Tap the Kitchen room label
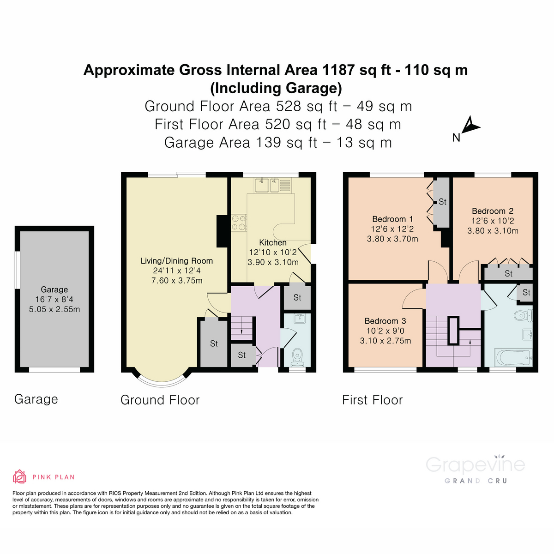tap(273, 242)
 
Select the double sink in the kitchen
tap(267, 185)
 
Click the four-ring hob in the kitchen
tap(239, 223)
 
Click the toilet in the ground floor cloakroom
tap(298, 356)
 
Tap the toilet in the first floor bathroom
tap(523, 316)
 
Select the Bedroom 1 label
tap(392, 219)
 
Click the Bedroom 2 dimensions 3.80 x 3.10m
tap(493, 231)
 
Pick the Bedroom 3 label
tap(385, 321)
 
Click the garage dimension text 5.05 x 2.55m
tap(54, 309)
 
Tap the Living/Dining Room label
tap(177, 261)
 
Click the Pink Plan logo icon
tap(19, 476)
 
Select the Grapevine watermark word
tap(475, 464)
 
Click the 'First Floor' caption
tap(372, 400)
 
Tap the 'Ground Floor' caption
tap(160, 400)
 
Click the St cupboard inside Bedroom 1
tap(442, 202)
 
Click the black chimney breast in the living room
tap(222, 231)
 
